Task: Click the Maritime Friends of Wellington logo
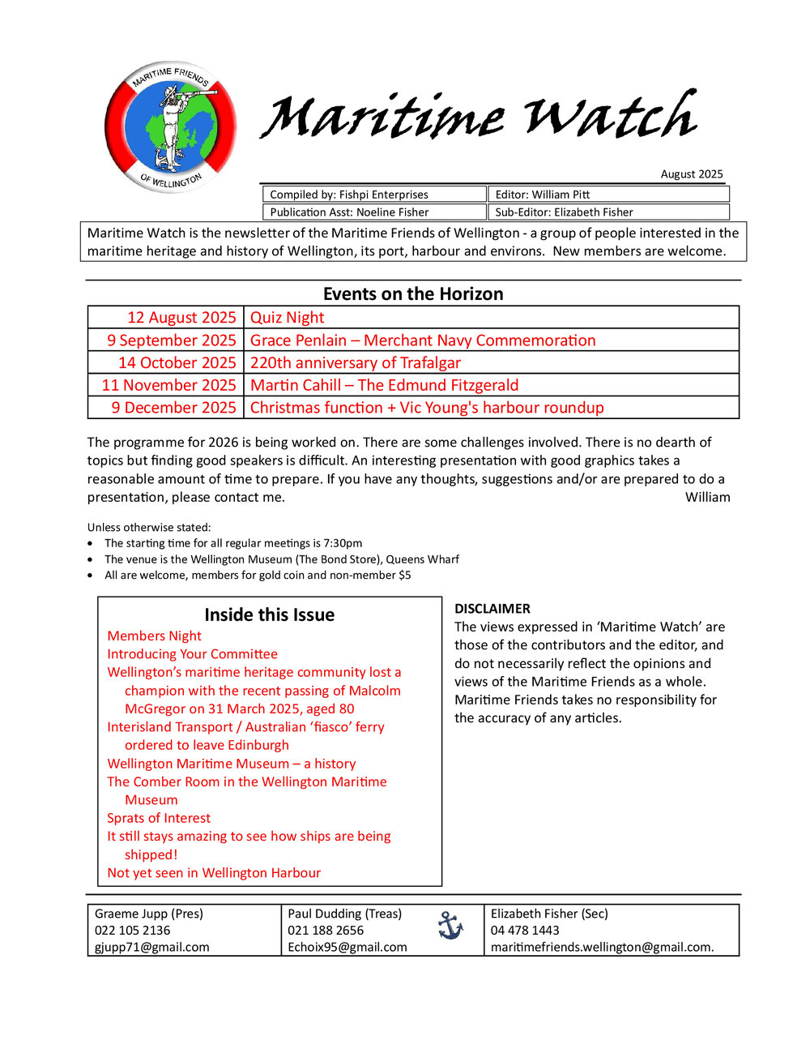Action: pyautogui.click(x=170, y=127)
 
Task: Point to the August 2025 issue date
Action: pyautogui.click(x=691, y=174)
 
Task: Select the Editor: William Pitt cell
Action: pyautogui.click(x=608, y=195)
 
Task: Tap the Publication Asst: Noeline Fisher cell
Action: pyautogui.click(x=373, y=212)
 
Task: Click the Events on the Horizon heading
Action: pyautogui.click(x=413, y=293)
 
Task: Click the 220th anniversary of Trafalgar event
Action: pyautogui.click(x=356, y=362)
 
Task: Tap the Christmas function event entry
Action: pyautogui.click(x=427, y=408)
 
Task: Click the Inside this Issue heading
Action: pyautogui.click(x=270, y=614)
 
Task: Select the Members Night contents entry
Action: pyautogui.click(x=154, y=636)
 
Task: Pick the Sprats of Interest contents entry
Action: pyautogui.click(x=159, y=818)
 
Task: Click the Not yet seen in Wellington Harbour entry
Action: pyautogui.click(x=214, y=872)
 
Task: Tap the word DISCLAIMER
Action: pyautogui.click(x=492, y=608)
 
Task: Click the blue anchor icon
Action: pyautogui.click(x=450, y=925)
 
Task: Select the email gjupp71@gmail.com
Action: pyautogui.click(x=152, y=947)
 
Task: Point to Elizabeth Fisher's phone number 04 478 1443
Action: pyautogui.click(x=525, y=930)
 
